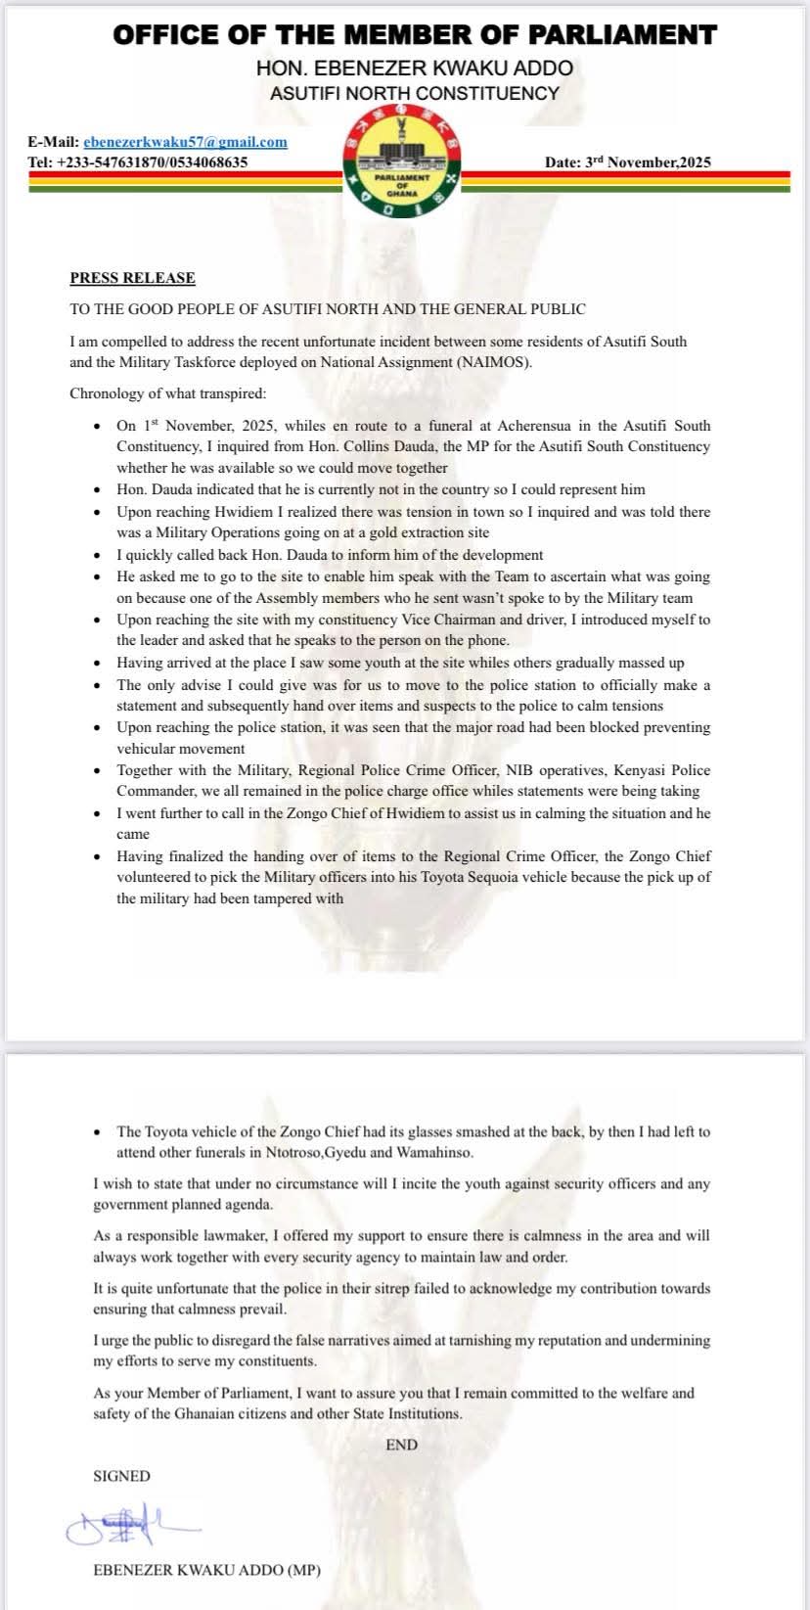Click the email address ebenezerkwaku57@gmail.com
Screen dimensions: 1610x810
coord(185,142)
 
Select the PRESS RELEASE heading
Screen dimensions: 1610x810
coord(132,278)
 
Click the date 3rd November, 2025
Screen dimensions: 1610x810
coord(627,162)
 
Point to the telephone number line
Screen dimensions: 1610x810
coord(137,162)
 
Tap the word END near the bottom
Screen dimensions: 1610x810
coord(401,1445)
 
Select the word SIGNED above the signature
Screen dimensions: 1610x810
coord(121,1476)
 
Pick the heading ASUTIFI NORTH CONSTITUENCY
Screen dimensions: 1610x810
coord(415,94)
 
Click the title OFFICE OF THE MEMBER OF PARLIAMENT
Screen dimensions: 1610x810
coord(415,36)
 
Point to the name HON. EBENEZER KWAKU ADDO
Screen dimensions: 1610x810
coord(415,69)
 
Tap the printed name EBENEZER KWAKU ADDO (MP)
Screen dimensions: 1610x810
coord(206,1571)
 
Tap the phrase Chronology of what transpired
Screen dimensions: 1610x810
coord(167,394)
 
